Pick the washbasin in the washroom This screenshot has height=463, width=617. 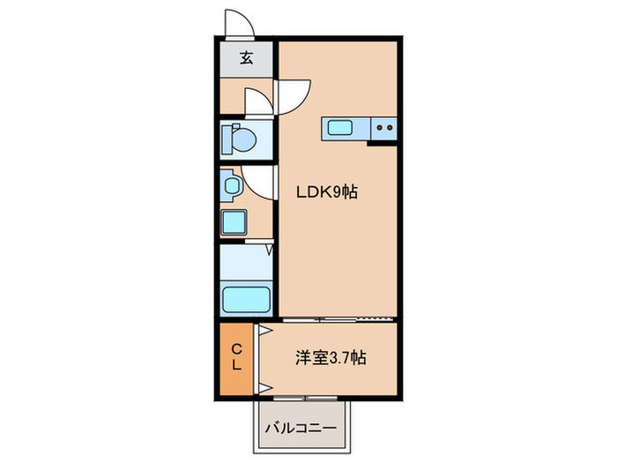point(232,186)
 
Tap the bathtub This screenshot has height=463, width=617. point(246,298)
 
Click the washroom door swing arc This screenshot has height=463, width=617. point(259,181)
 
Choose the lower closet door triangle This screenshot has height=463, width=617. point(262,387)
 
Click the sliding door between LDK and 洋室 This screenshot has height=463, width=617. point(335,317)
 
